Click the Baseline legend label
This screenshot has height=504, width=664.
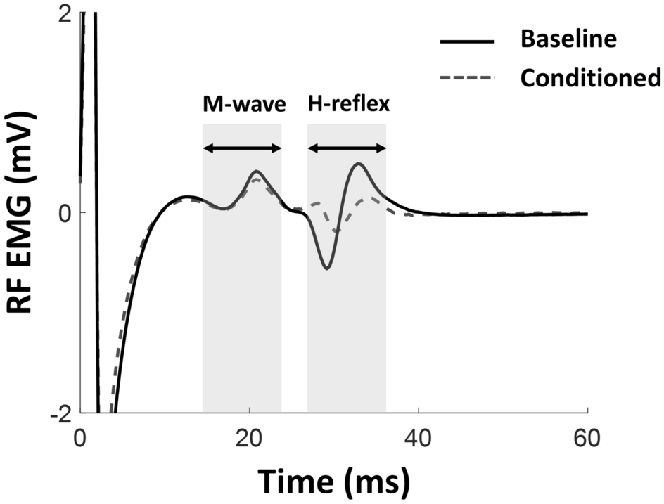point(568,39)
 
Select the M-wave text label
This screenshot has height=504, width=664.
point(244,105)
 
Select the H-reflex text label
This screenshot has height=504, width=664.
point(349,105)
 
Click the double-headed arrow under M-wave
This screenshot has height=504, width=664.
point(242,148)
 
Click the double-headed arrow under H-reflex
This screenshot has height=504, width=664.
point(347,148)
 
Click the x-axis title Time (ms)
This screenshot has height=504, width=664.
point(333,482)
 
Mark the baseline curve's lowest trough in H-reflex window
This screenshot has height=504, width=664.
point(327,268)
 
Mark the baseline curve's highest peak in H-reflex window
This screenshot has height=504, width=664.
point(359,164)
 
